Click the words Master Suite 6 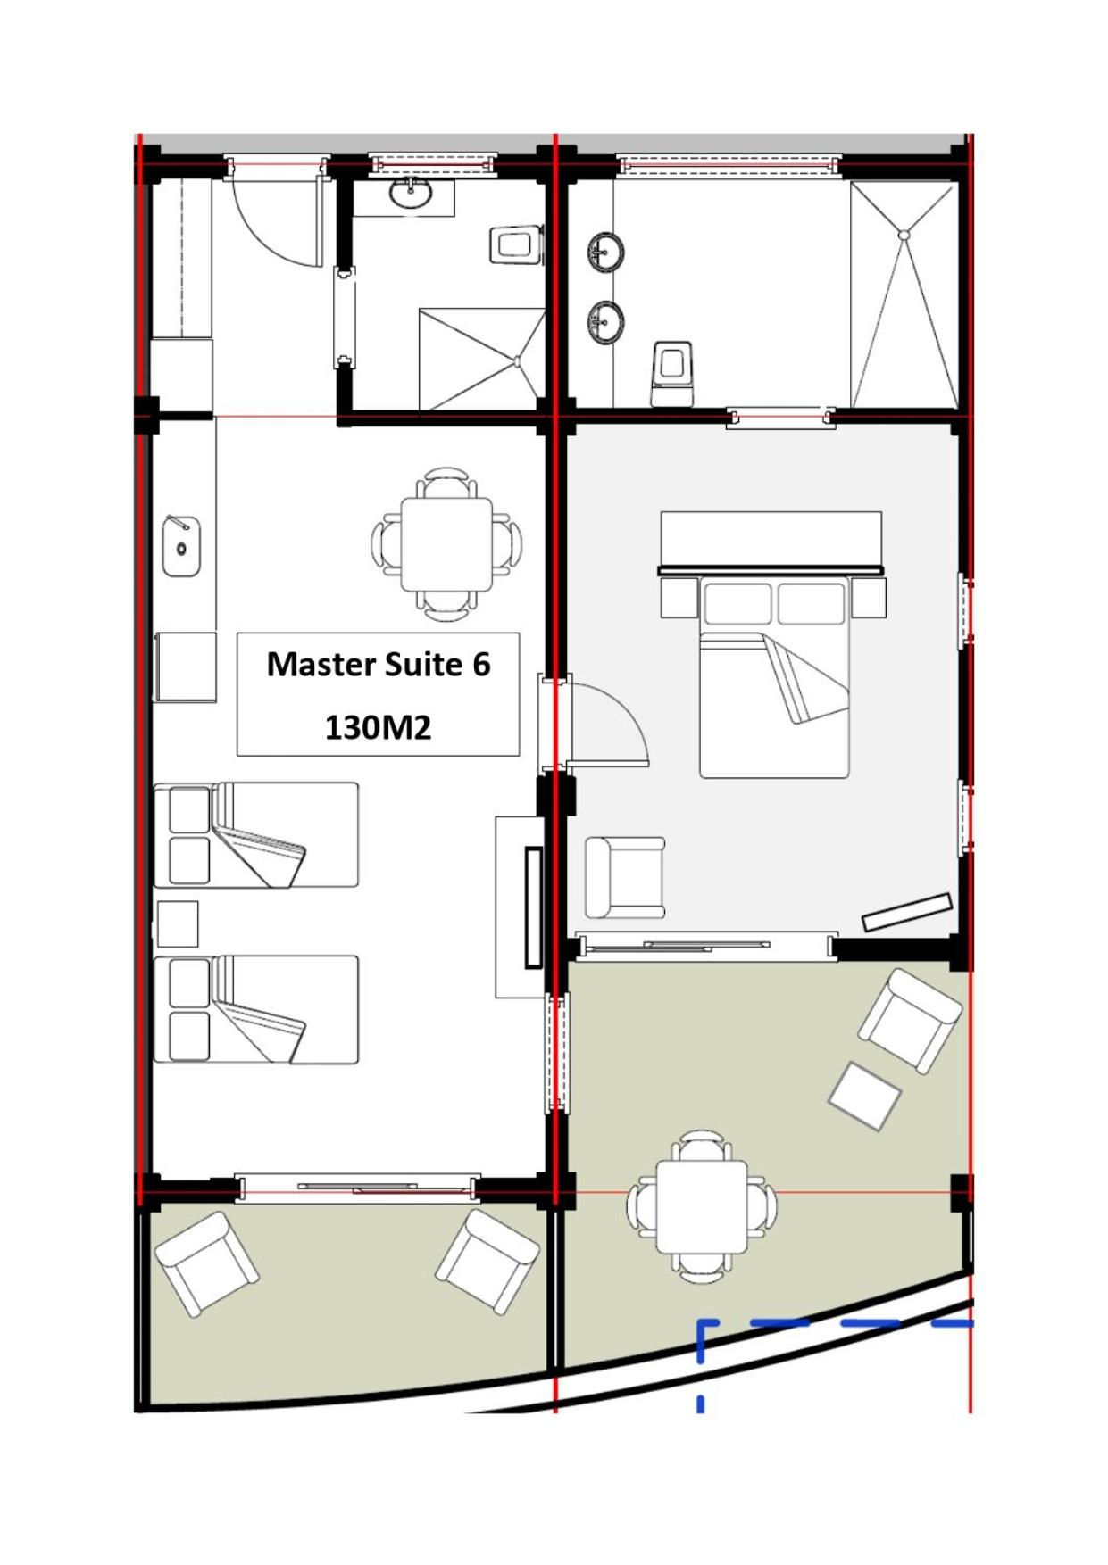(x=379, y=665)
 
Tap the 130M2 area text (x=378, y=728)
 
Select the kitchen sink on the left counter (x=181, y=546)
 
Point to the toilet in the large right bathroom (x=672, y=372)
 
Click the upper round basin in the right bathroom (x=606, y=252)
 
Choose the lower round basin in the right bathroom (x=606, y=320)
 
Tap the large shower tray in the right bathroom (x=904, y=295)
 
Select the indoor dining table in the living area (x=446, y=544)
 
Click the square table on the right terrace (x=702, y=1206)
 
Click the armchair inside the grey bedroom (x=625, y=878)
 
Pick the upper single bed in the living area (x=256, y=835)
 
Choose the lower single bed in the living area (x=256, y=1009)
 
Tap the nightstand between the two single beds (x=178, y=923)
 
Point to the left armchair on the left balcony (x=207, y=1263)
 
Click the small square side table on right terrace (x=864, y=1096)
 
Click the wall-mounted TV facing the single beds (x=534, y=907)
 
